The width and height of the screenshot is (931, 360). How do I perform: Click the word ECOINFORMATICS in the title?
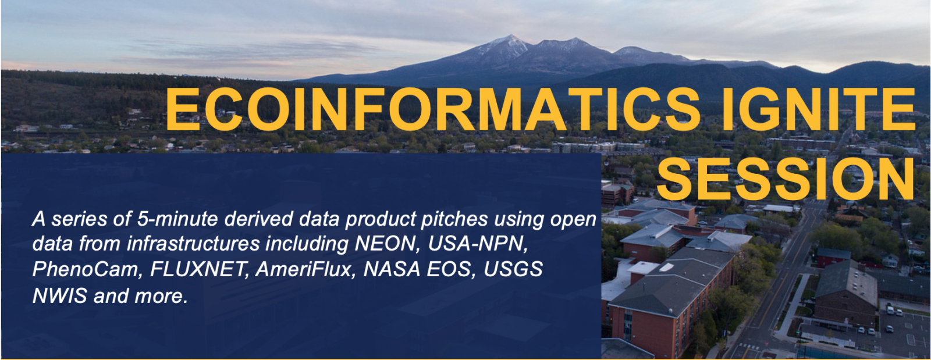(x=433, y=110)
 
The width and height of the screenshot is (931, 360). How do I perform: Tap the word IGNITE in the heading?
(x=819, y=110)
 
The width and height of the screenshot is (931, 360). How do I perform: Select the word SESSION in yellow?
(x=785, y=180)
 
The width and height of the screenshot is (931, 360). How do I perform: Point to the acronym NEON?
(x=387, y=244)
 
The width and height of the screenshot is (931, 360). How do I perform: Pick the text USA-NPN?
(x=478, y=244)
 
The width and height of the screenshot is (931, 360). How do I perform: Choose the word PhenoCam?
(x=87, y=269)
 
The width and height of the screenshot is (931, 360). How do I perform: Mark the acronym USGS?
(x=513, y=269)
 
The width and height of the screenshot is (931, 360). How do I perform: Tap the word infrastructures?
(x=193, y=244)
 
